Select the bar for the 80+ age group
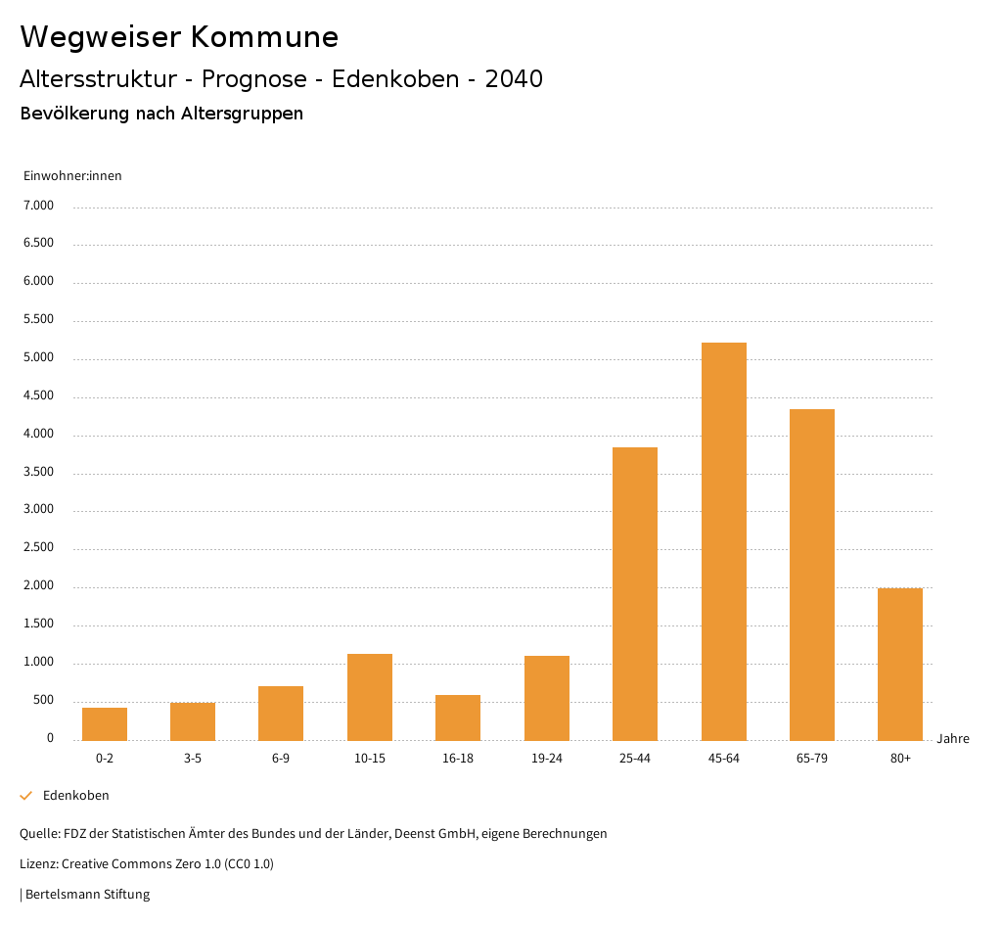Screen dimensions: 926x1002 900,665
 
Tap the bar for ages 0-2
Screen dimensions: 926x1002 105,724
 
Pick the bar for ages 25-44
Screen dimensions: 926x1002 635,594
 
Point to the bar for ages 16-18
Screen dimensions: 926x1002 458,718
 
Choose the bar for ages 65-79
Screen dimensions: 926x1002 812,575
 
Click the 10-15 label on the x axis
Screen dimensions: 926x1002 370,759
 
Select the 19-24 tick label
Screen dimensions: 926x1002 546,759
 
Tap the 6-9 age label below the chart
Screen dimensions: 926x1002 281,759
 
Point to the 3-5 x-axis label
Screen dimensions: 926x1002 193,759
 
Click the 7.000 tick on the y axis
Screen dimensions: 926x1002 38,206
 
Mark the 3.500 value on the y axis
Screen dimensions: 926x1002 38,473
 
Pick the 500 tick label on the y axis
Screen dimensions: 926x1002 44,701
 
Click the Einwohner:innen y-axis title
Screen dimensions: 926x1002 72,176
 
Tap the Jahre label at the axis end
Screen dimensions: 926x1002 952,739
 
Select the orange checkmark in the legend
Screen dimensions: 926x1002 26,796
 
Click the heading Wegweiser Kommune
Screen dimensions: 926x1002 179,37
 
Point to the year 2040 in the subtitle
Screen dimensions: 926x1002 514,79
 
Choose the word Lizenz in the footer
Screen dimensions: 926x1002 38,864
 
